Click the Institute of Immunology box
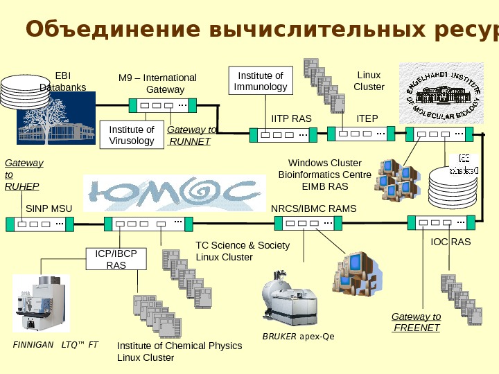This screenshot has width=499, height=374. (x=261, y=81)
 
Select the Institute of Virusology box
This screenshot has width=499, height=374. (x=132, y=135)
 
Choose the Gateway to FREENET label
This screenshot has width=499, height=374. (x=416, y=322)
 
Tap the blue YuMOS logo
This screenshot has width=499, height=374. (x=175, y=192)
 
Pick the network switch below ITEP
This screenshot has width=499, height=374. (x=360, y=133)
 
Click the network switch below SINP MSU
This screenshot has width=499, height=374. (x=40, y=224)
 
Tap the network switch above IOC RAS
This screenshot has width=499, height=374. (x=441, y=222)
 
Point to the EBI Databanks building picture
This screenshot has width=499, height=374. (x=55, y=118)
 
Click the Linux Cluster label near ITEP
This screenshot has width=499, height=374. (x=369, y=81)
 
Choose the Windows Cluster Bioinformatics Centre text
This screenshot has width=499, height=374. (x=324, y=175)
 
